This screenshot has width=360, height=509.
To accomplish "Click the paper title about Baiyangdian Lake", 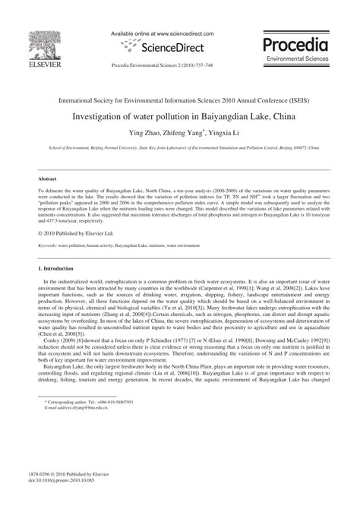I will pyautogui.click(x=179, y=118).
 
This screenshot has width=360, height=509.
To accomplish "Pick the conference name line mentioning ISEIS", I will pyautogui.click(x=179, y=100).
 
